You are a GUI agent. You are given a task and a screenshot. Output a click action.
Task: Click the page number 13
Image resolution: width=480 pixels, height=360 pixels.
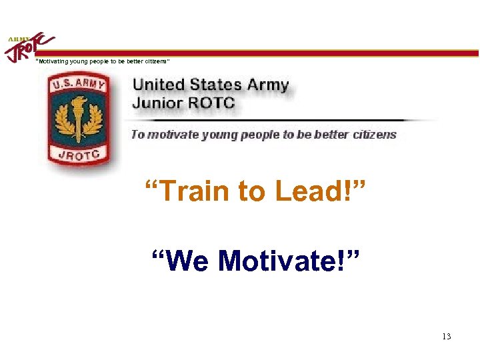(447, 336)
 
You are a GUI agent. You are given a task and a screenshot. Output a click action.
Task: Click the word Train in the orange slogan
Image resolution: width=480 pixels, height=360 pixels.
(187, 192)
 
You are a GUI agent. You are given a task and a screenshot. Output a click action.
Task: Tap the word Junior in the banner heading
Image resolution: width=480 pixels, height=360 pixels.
(156, 103)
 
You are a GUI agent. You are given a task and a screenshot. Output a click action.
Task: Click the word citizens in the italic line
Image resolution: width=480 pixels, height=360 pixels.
(373, 135)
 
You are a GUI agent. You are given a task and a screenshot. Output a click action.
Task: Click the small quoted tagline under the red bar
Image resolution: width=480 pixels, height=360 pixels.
(103, 61)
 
